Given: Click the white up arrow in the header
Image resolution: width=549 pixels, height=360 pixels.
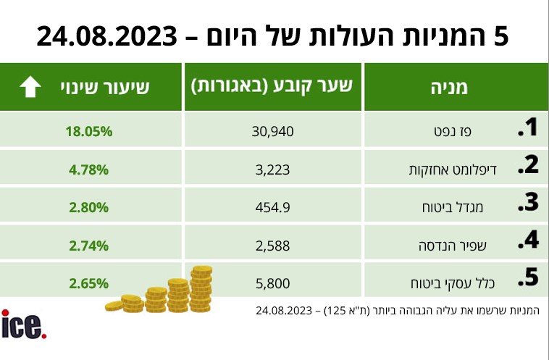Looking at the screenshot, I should pyautogui.click(x=30, y=88).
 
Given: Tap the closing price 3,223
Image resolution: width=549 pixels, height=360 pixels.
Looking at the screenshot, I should pyautogui.click(x=273, y=169).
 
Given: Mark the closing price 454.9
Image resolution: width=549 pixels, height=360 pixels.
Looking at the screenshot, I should pyautogui.click(x=273, y=207).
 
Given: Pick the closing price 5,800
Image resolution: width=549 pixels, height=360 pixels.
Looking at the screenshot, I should pyautogui.click(x=273, y=282).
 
